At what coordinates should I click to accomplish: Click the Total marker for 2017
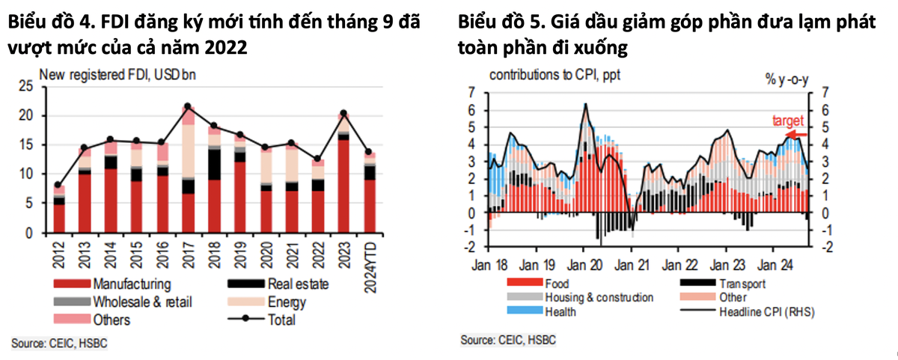[x=188, y=106]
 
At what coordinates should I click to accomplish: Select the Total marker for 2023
[x=343, y=113]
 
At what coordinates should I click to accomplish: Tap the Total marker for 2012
[x=58, y=185]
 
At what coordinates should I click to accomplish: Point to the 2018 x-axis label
[x=214, y=252]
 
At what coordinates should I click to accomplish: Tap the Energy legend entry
[x=285, y=302]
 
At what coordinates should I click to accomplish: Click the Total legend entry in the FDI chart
[x=280, y=320]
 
